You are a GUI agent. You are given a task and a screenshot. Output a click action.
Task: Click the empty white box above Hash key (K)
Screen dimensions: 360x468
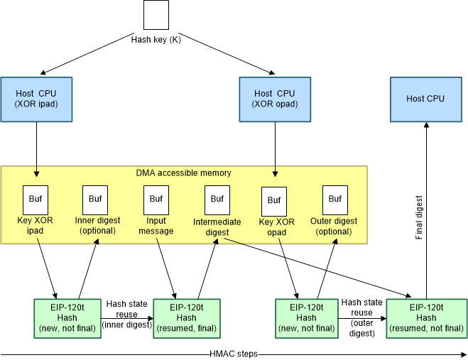[x=156, y=15]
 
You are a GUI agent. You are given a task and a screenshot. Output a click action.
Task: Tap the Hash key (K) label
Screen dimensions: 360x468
[x=156, y=40]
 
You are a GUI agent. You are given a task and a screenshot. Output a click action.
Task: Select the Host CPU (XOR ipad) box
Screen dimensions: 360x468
[x=36, y=98]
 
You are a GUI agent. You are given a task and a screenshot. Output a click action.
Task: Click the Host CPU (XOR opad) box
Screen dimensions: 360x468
[x=274, y=98]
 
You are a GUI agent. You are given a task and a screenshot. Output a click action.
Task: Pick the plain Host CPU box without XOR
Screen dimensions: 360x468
[x=425, y=98]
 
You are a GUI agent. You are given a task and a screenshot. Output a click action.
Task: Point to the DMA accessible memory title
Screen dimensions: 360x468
[x=183, y=173]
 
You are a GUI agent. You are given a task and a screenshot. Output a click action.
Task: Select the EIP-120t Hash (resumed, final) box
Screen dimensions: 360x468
[x=186, y=317]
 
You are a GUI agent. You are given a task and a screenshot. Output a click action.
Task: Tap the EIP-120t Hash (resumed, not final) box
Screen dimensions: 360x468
[x=426, y=317]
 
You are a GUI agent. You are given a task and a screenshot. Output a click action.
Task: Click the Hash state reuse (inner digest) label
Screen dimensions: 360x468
[x=126, y=315]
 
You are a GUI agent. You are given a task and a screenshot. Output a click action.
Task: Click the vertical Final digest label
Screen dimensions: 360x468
[x=420, y=217]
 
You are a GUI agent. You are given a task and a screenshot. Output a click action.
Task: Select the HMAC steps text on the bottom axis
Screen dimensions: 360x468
[x=233, y=354]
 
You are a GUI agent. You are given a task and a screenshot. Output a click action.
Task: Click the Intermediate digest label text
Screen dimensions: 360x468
[x=217, y=227]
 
